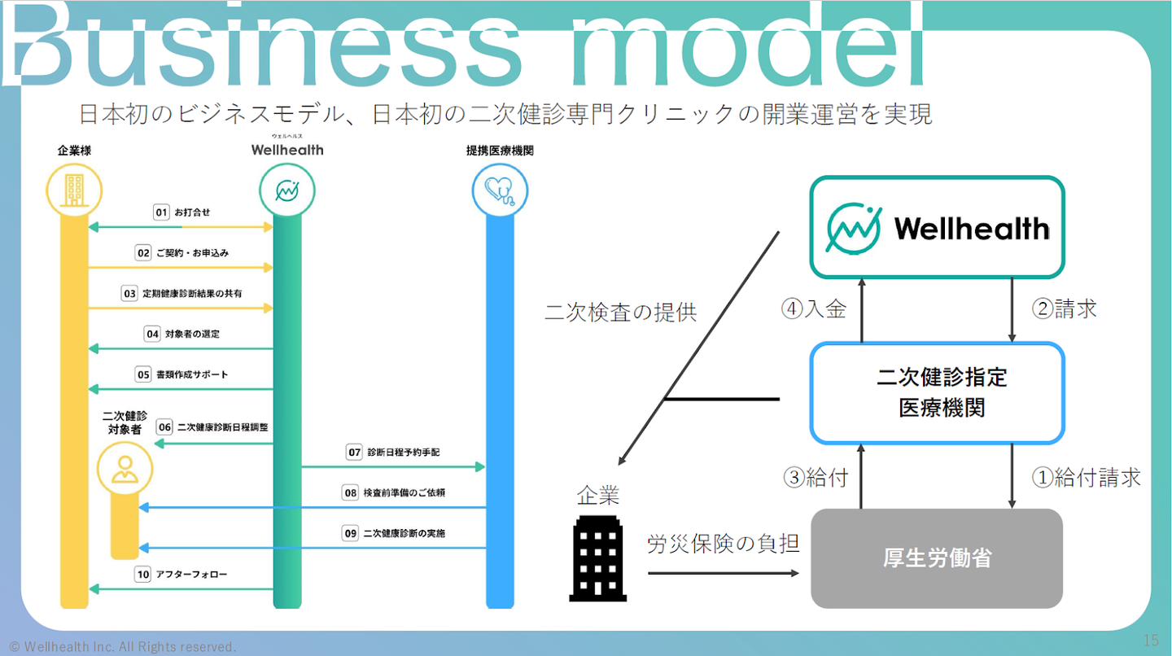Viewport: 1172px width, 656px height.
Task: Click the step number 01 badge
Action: [x=161, y=212]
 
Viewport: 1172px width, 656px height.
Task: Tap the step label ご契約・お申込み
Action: [x=193, y=253]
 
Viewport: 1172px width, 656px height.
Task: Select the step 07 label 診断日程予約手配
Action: [x=404, y=452]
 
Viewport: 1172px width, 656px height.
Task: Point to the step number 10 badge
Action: [x=143, y=575]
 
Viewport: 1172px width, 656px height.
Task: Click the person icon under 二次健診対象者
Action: [x=125, y=469]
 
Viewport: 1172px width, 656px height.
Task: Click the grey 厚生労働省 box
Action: [x=937, y=558]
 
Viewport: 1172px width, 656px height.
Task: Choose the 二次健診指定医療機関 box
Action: [x=937, y=392]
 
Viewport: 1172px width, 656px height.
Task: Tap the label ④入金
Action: [x=814, y=309]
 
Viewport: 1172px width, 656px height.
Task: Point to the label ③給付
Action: [x=816, y=478]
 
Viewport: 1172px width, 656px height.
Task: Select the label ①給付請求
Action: [x=1086, y=478]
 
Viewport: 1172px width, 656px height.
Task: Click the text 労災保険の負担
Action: [x=724, y=544]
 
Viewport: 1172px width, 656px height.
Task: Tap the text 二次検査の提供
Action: [x=620, y=313]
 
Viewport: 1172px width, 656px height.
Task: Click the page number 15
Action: [x=1151, y=640]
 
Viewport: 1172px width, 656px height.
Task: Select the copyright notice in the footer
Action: [x=122, y=646]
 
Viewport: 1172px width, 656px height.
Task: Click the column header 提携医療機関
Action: [x=500, y=151]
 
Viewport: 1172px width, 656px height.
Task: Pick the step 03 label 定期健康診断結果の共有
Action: [x=192, y=293]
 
